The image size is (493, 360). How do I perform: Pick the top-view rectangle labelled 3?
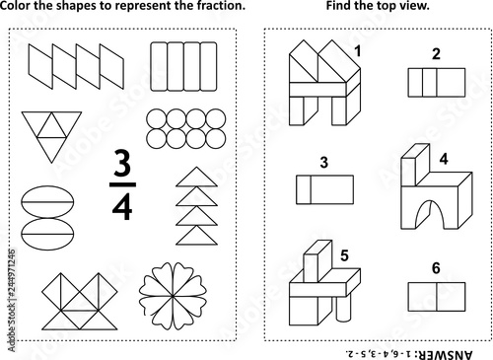click(x=324, y=188)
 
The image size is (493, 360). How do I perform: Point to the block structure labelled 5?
click(x=321, y=284)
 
